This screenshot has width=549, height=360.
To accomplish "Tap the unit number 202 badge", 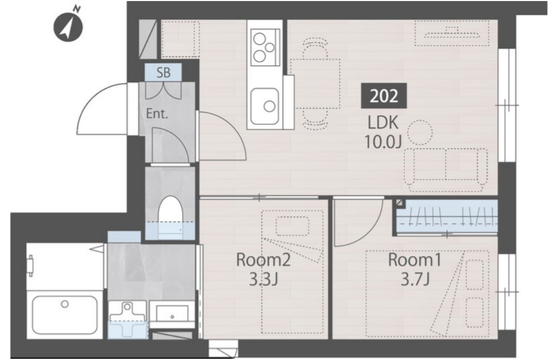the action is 384,96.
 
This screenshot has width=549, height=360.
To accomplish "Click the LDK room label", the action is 383,123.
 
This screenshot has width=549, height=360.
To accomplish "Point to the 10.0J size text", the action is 382,142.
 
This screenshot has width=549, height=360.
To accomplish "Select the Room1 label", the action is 415,260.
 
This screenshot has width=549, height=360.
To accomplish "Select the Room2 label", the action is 263,260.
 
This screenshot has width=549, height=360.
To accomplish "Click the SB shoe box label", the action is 163,72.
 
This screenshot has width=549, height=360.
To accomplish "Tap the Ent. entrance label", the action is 157,114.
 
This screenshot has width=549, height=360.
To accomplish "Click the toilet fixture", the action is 170,216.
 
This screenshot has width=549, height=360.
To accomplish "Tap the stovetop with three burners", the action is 265,47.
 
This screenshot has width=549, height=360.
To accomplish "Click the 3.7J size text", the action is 415,280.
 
